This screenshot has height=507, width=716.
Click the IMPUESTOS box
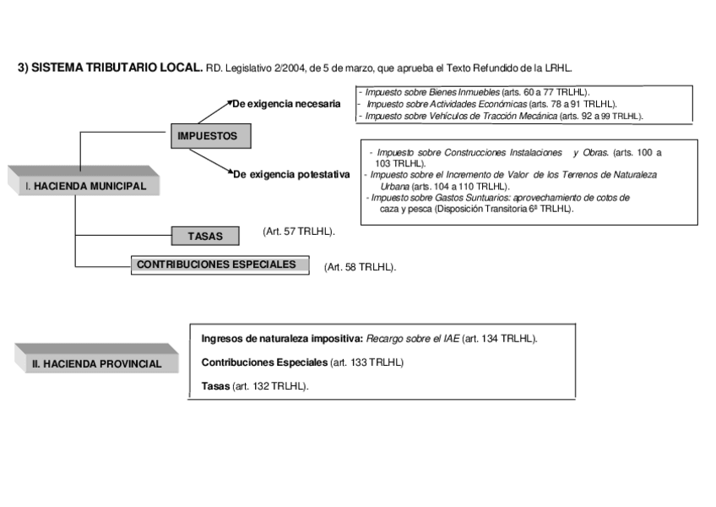coord(208,135)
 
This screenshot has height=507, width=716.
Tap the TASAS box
coord(205,237)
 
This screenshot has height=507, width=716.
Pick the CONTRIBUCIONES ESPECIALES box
coord(217,264)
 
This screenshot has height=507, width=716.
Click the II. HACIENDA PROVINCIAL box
coord(97,363)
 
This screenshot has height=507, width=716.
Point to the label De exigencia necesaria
coord(286,104)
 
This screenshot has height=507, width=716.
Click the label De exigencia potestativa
coord(290,175)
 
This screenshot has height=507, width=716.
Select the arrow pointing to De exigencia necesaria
coord(211,112)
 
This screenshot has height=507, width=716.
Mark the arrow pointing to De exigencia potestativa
coord(211,162)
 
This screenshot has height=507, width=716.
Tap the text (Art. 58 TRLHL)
coord(360,267)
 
